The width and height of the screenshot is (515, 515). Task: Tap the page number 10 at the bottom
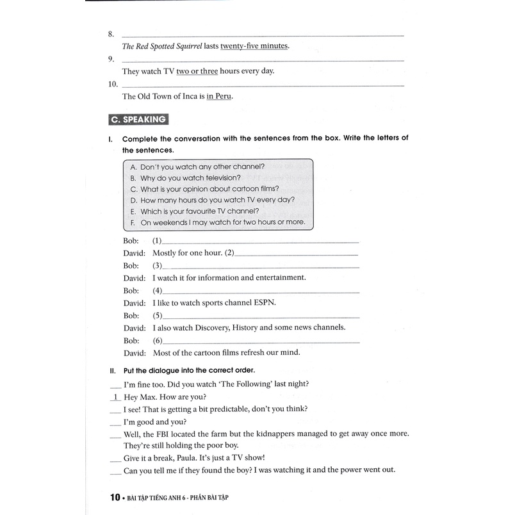(115, 497)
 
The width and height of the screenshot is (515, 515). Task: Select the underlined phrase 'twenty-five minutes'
(255, 46)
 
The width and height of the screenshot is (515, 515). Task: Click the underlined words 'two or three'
(197, 71)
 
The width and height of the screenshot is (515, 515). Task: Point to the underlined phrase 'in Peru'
(220, 97)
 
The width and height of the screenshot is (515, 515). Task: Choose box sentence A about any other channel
(202, 167)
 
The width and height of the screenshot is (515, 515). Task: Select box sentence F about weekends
(222, 222)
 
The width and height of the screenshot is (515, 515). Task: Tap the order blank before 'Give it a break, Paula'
(115, 459)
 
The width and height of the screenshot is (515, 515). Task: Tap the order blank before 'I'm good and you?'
(115, 422)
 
